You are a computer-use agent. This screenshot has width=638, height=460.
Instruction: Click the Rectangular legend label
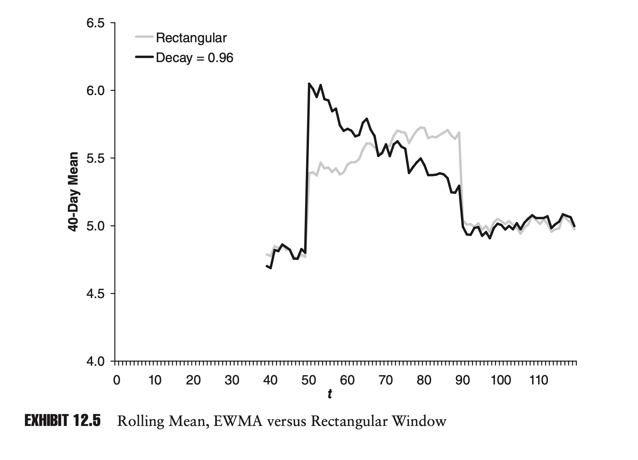[191, 38]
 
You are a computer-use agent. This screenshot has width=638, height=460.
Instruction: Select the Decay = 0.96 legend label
[194, 58]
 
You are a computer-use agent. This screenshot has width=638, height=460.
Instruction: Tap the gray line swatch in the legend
[144, 37]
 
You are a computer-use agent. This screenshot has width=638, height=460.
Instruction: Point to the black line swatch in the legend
[144, 57]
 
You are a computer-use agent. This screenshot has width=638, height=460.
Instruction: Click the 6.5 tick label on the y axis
[95, 23]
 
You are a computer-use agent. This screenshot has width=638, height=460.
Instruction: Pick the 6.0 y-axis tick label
[95, 91]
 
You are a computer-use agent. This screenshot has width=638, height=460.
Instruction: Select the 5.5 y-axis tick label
[95, 159]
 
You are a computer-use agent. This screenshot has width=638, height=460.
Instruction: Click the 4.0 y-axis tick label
[95, 362]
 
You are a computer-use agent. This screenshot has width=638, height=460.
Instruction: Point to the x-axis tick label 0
[116, 380]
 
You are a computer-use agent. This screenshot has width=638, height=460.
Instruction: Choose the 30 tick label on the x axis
[232, 380]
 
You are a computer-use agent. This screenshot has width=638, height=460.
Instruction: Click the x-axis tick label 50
[309, 380]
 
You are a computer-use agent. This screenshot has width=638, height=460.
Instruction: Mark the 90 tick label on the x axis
[462, 380]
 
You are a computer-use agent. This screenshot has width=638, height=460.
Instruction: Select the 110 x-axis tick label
[539, 380]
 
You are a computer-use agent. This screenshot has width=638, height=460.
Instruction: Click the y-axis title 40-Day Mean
[74, 192]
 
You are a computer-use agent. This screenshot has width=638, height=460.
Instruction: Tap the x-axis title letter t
[329, 394]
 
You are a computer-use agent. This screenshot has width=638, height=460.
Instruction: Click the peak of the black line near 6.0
[309, 84]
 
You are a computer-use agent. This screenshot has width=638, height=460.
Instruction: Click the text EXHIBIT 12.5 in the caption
[63, 421]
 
